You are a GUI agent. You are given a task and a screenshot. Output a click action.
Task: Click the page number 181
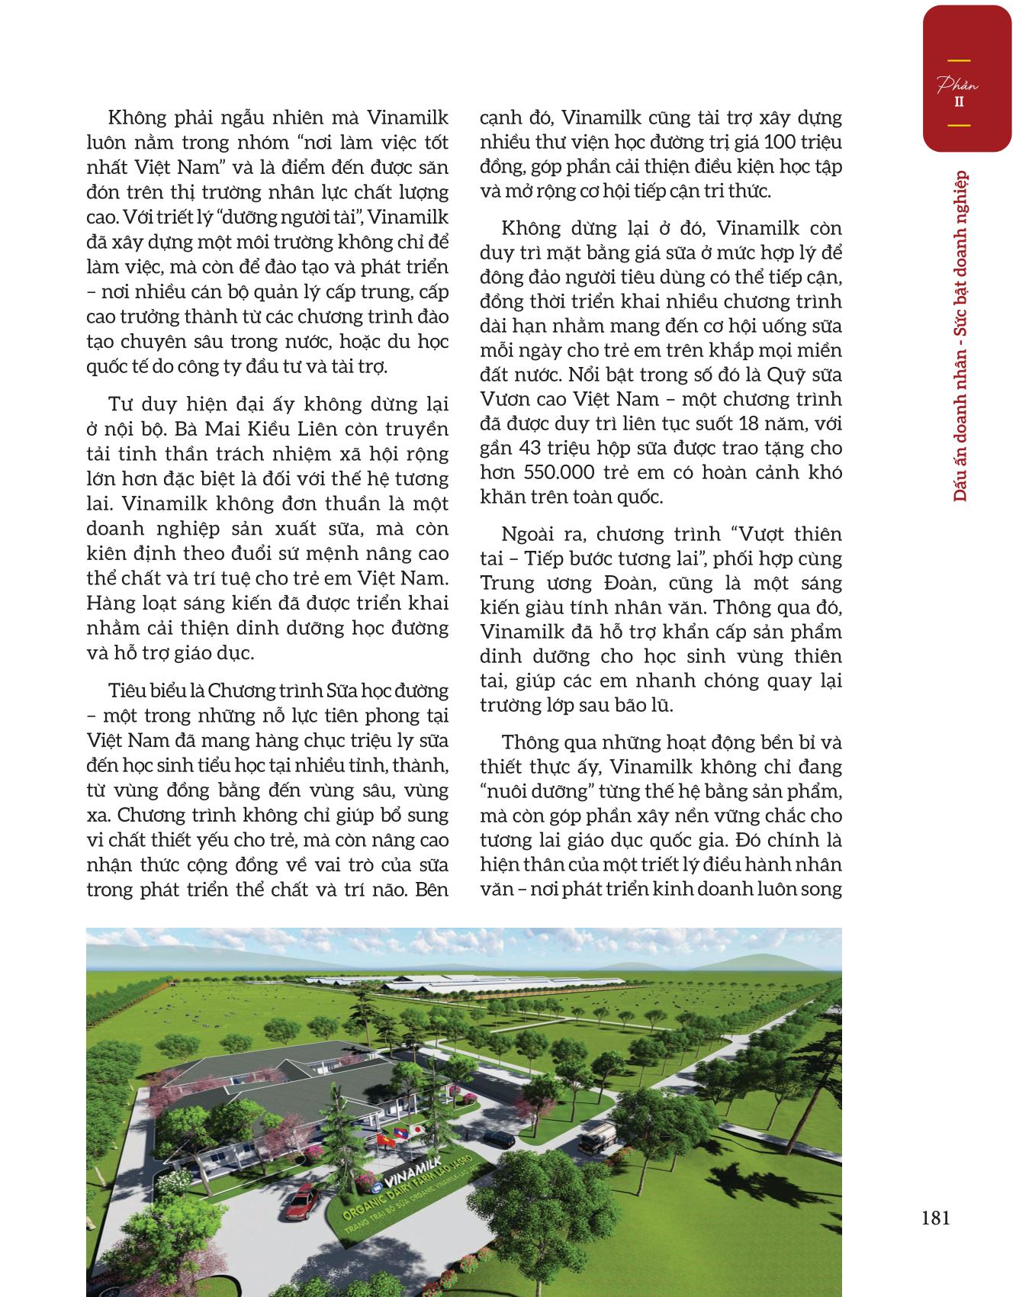coord(935,1217)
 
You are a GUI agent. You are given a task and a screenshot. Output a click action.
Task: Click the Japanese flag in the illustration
coord(418,1128)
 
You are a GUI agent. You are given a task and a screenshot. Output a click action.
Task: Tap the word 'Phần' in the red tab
coord(958,85)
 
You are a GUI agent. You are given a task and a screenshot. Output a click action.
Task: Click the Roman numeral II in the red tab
coord(958,102)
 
